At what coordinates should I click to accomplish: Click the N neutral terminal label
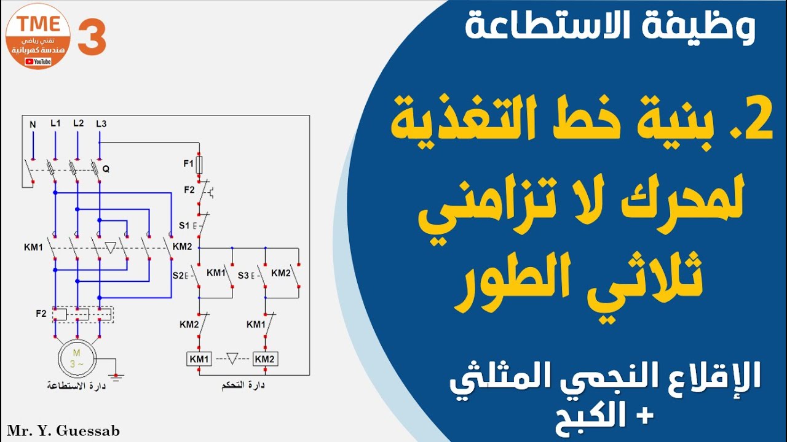[33, 125]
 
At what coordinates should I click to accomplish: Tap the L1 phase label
[55, 123]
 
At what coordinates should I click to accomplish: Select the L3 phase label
[101, 124]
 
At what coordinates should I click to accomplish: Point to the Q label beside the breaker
[106, 169]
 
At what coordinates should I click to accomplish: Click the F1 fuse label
[188, 164]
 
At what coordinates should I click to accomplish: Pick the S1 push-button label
[184, 225]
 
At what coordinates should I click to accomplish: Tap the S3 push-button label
[243, 274]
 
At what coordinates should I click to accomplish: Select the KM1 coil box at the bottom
[199, 359]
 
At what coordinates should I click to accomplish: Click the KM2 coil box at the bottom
[265, 359]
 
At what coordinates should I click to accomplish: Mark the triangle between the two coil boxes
[232, 358]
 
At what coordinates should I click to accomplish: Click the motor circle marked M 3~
[77, 357]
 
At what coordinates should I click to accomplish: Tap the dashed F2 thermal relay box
[83, 314]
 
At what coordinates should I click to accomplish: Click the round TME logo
[38, 36]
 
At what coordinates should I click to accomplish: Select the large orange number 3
[92, 37]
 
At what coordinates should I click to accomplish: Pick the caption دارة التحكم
[243, 387]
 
